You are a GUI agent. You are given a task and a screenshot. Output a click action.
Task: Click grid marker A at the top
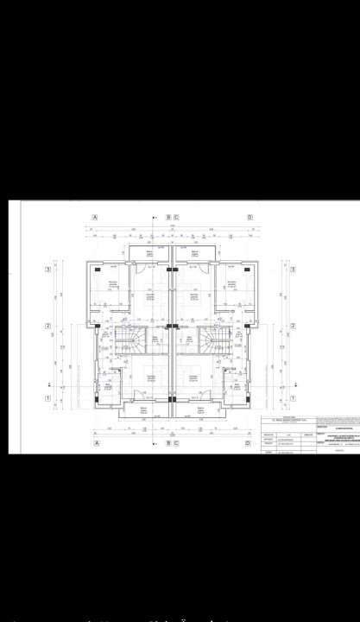click(95, 217)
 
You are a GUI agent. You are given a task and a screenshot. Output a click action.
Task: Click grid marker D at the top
click(249, 217)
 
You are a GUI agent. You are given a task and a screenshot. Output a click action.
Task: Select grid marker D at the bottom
click(249, 444)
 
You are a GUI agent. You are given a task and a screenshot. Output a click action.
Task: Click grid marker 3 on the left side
click(48, 270)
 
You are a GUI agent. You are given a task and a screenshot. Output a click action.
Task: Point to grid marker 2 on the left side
click(48, 326)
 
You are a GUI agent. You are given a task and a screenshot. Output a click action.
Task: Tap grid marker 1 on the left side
click(48, 397)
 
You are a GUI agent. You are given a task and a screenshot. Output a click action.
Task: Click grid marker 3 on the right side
click(294, 270)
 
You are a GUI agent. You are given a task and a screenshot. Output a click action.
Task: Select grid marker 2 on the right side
click(294, 326)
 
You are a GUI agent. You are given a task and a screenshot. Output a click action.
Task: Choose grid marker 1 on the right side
click(294, 397)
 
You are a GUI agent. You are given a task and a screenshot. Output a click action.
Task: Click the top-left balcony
click(149, 251)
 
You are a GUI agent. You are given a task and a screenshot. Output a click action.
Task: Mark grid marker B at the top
click(167, 217)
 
